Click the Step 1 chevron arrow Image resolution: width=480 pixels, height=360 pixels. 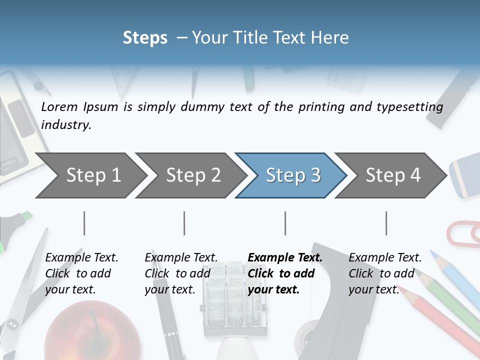[x=90, y=175]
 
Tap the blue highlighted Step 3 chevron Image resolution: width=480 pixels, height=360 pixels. [x=291, y=175]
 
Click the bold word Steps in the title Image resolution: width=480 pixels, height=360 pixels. [x=145, y=38]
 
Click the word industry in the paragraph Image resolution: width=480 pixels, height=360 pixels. [x=66, y=125]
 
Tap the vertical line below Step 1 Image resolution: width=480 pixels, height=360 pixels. [x=84, y=223]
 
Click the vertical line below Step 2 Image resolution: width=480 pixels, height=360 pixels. [x=184, y=223]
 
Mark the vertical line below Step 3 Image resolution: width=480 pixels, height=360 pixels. [x=285, y=223]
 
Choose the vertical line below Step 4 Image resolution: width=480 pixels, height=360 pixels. [x=386, y=223]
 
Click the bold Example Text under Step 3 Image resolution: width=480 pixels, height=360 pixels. [x=285, y=257]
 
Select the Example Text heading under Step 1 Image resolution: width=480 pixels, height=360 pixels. [x=81, y=257]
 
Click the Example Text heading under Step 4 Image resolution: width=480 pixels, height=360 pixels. [x=385, y=257]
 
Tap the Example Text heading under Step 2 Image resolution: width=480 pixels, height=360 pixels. [x=181, y=257]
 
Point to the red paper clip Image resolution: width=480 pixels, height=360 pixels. [x=462, y=233]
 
